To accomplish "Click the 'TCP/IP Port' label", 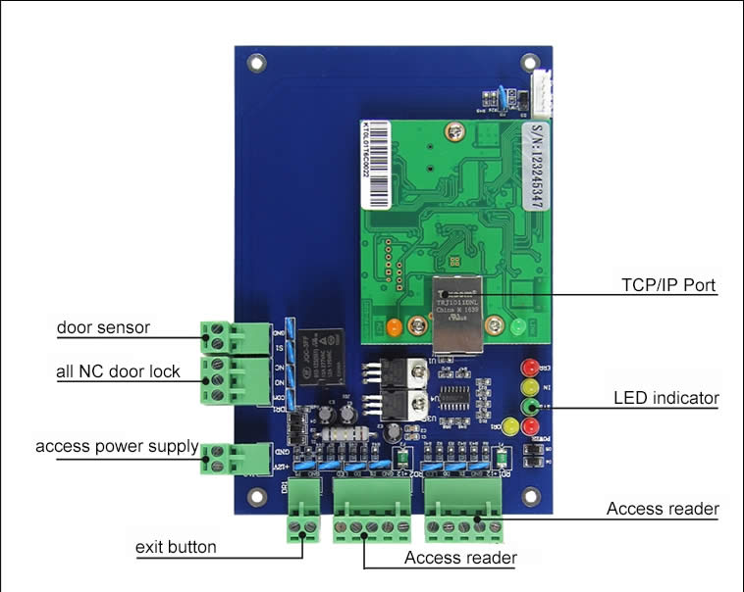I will (668, 286).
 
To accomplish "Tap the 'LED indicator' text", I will (666, 398).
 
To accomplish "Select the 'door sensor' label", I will (103, 327).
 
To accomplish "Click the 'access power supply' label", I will (117, 447).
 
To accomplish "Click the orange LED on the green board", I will (393, 327).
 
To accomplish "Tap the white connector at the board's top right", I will (539, 98).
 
